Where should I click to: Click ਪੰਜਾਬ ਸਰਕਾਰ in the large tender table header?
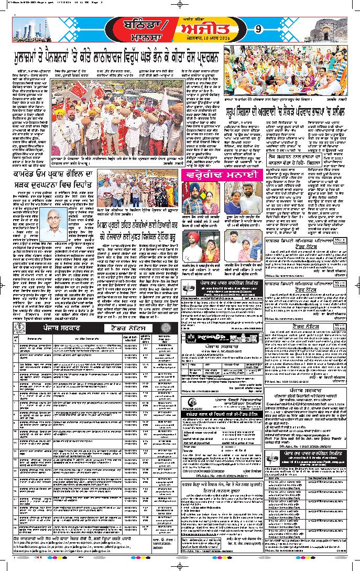51,328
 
